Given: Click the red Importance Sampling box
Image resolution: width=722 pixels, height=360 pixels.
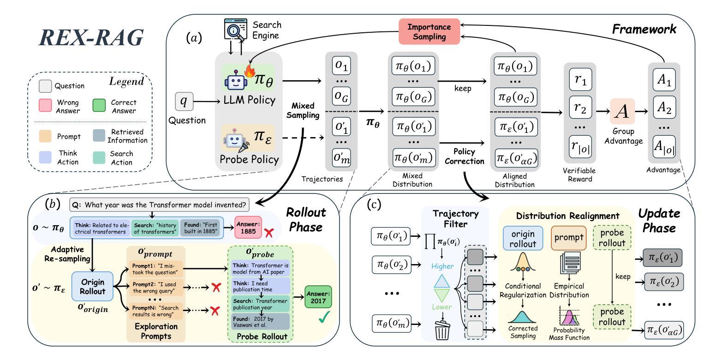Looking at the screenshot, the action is click(x=429, y=31).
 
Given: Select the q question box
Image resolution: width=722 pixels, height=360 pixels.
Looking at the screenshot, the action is click(x=184, y=101).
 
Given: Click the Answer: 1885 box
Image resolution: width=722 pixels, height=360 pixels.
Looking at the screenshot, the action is click(x=248, y=228).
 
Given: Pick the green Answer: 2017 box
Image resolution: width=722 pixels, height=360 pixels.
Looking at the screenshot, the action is click(x=318, y=297).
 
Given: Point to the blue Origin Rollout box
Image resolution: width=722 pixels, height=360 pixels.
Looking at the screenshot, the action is click(x=93, y=287).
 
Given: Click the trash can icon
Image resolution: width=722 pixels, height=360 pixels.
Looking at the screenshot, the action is click(x=442, y=330).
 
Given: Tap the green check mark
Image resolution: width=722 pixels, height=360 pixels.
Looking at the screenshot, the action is click(x=324, y=317).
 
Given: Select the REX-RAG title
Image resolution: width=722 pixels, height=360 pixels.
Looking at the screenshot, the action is click(x=91, y=38).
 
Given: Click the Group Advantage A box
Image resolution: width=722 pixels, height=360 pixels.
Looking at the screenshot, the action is click(x=622, y=111).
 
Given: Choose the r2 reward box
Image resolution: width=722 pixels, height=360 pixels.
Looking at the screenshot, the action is click(x=580, y=108).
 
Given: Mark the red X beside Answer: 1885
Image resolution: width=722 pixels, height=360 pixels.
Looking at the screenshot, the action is click(x=269, y=233).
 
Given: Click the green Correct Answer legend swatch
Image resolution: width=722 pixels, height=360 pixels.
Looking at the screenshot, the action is click(x=99, y=105).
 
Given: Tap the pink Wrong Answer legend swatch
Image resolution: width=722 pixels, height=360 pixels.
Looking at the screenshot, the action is click(x=45, y=105).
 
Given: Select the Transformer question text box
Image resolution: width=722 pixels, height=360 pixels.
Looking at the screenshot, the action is click(x=159, y=204).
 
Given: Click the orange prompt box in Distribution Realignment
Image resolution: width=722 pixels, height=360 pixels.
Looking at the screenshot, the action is click(x=568, y=238).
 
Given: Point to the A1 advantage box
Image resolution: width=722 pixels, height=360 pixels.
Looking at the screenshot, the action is click(x=664, y=79).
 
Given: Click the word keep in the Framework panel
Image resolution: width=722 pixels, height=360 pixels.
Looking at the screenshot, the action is click(x=463, y=89).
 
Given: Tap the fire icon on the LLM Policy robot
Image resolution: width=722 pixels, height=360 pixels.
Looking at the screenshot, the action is click(x=250, y=71).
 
